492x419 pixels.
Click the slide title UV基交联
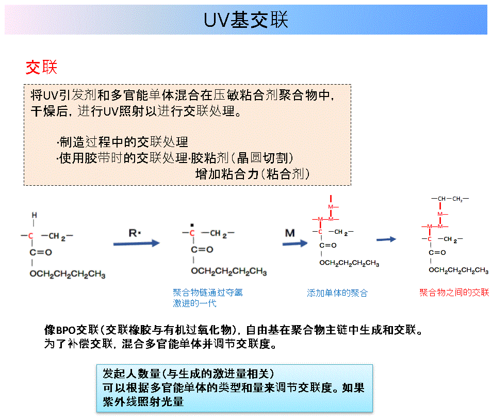245,20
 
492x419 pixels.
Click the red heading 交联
41,67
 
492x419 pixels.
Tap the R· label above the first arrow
135,233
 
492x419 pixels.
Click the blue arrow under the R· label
137,243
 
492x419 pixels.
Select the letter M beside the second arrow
290,233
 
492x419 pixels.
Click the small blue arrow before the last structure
386,239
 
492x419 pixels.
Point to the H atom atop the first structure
34,215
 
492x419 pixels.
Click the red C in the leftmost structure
30,236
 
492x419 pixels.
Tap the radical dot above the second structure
192,225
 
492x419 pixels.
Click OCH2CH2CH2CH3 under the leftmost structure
68,274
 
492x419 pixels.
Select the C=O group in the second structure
202,250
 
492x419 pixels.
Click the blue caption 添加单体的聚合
337,293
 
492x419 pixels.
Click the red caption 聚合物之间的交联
454,293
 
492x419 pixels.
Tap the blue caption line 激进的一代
194,303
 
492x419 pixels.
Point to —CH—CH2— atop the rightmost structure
450,199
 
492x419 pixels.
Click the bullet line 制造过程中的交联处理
123,142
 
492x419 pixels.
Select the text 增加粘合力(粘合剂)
253,174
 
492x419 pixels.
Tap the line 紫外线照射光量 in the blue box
143,401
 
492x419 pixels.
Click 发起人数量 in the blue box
132,374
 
